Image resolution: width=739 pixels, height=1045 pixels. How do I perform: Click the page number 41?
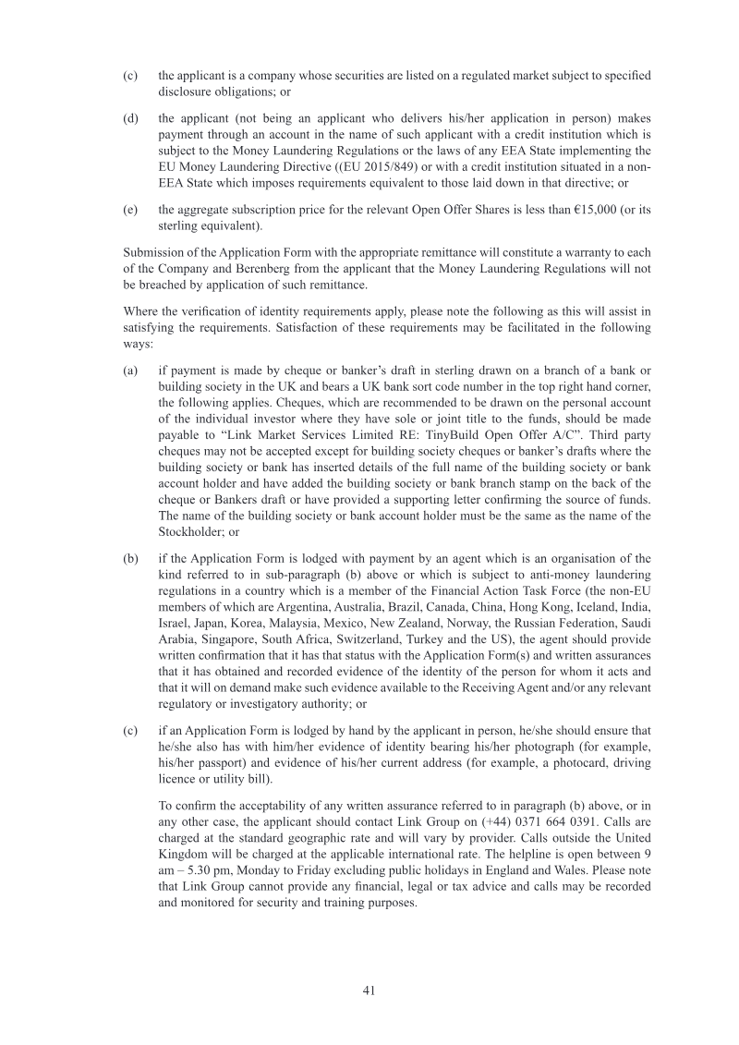(369, 990)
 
